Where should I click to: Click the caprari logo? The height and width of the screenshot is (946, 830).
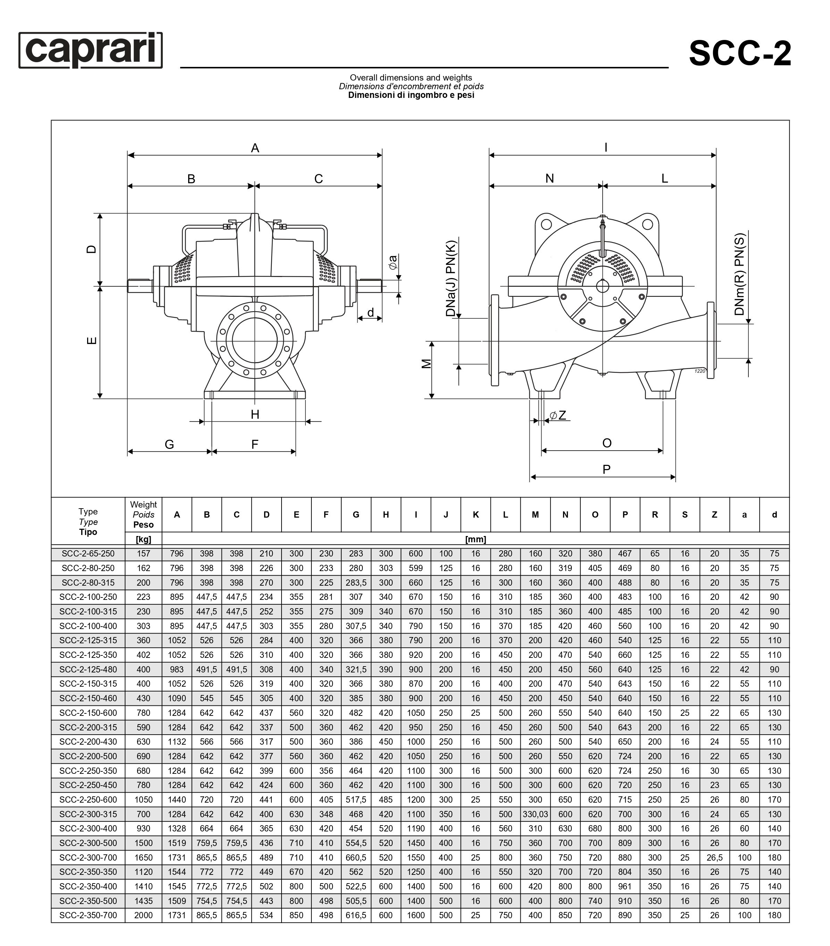pyautogui.click(x=91, y=50)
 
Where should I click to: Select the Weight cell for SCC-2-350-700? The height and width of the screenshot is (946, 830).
pyautogui.click(x=143, y=915)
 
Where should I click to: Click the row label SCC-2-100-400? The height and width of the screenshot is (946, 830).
pyautogui.click(x=88, y=626)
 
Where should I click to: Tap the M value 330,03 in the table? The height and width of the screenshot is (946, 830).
pyautogui.click(x=535, y=814)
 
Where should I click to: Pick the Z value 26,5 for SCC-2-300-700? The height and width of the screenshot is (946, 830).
pyautogui.click(x=714, y=857)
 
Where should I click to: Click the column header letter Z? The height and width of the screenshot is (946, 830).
pyautogui.click(x=714, y=514)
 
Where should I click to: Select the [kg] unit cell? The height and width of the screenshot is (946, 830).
pyautogui.click(x=143, y=539)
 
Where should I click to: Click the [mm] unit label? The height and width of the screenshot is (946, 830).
pyautogui.click(x=476, y=539)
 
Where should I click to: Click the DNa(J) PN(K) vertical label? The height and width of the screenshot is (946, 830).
pyautogui.click(x=451, y=278)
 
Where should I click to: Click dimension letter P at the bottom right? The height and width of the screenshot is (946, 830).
pyautogui.click(x=606, y=469)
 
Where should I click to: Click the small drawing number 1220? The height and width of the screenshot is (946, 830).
pyautogui.click(x=700, y=371)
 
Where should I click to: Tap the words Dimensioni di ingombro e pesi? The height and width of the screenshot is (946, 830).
pyautogui.click(x=411, y=95)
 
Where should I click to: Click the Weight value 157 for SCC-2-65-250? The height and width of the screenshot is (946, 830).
pyautogui.click(x=143, y=553)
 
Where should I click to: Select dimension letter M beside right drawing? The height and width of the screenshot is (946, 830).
pyautogui.click(x=426, y=364)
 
